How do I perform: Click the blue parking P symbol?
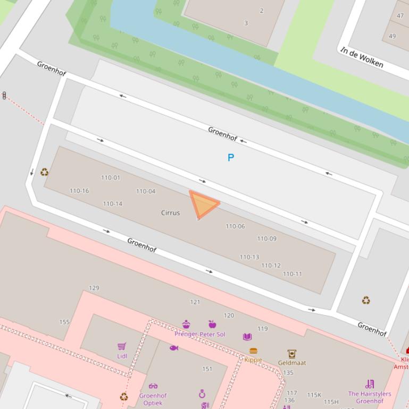click(x=231, y=158)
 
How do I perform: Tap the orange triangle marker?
click(x=204, y=204)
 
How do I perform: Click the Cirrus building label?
click(x=170, y=212)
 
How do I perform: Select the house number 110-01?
click(x=111, y=177)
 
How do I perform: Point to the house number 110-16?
click(x=79, y=191)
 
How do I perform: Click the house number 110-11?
click(x=292, y=274)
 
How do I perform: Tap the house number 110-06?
click(x=235, y=226)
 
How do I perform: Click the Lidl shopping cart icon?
click(x=122, y=346)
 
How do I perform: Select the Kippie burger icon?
click(x=253, y=351)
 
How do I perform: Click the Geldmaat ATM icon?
click(x=291, y=354)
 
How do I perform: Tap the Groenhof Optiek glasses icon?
click(x=153, y=386)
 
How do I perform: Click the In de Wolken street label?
click(x=362, y=57)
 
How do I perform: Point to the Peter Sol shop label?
click(x=213, y=334)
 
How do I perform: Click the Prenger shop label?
click(x=186, y=334)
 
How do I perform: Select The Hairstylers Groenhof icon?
click(x=370, y=384)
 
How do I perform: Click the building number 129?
click(x=94, y=288)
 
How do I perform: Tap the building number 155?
click(x=64, y=322)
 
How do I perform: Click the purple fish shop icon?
click(x=173, y=348)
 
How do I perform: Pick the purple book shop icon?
click(x=247, y=337)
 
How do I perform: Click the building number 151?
click(x=207, y=369)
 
